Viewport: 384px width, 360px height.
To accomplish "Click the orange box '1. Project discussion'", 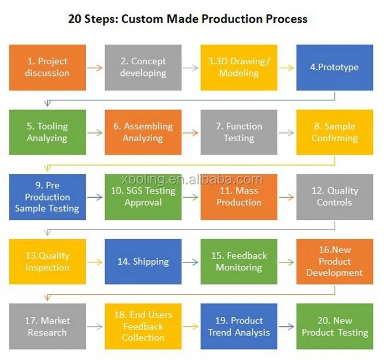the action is [x=48, y=67].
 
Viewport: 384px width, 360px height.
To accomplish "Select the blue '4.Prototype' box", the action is [x=334, y=67].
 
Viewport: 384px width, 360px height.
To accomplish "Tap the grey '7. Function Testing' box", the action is [x=238, y=132].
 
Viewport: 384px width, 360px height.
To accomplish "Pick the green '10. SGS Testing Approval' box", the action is [x=143, y=197].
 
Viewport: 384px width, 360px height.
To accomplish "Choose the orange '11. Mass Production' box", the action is [x=238, y=197].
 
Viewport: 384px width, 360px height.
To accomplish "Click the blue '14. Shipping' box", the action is [x=143, y=261].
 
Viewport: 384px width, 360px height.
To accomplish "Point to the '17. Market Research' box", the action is [x=48, y=326].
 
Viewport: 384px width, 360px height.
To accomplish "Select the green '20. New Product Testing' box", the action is [x=334, y=326].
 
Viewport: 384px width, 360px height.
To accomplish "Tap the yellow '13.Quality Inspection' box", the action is [x=48, y=261].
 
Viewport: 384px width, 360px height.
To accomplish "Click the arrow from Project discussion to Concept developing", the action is [x=95, y=68].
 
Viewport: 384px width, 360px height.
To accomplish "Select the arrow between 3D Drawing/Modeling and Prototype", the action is [x=287, y=68].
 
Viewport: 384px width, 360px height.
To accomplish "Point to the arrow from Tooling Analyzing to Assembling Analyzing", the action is [x=95, y=132].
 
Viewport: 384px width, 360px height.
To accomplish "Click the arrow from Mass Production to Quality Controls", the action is [x=287, y=197].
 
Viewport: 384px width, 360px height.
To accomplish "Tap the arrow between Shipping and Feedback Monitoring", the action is [x=191, y=262].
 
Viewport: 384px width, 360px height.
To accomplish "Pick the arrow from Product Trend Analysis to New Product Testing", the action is [x=287, y=327].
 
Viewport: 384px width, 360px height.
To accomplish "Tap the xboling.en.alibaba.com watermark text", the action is [x=191, y=179].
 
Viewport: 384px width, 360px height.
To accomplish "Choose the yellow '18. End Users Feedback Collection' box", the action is [x=143, y=326].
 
